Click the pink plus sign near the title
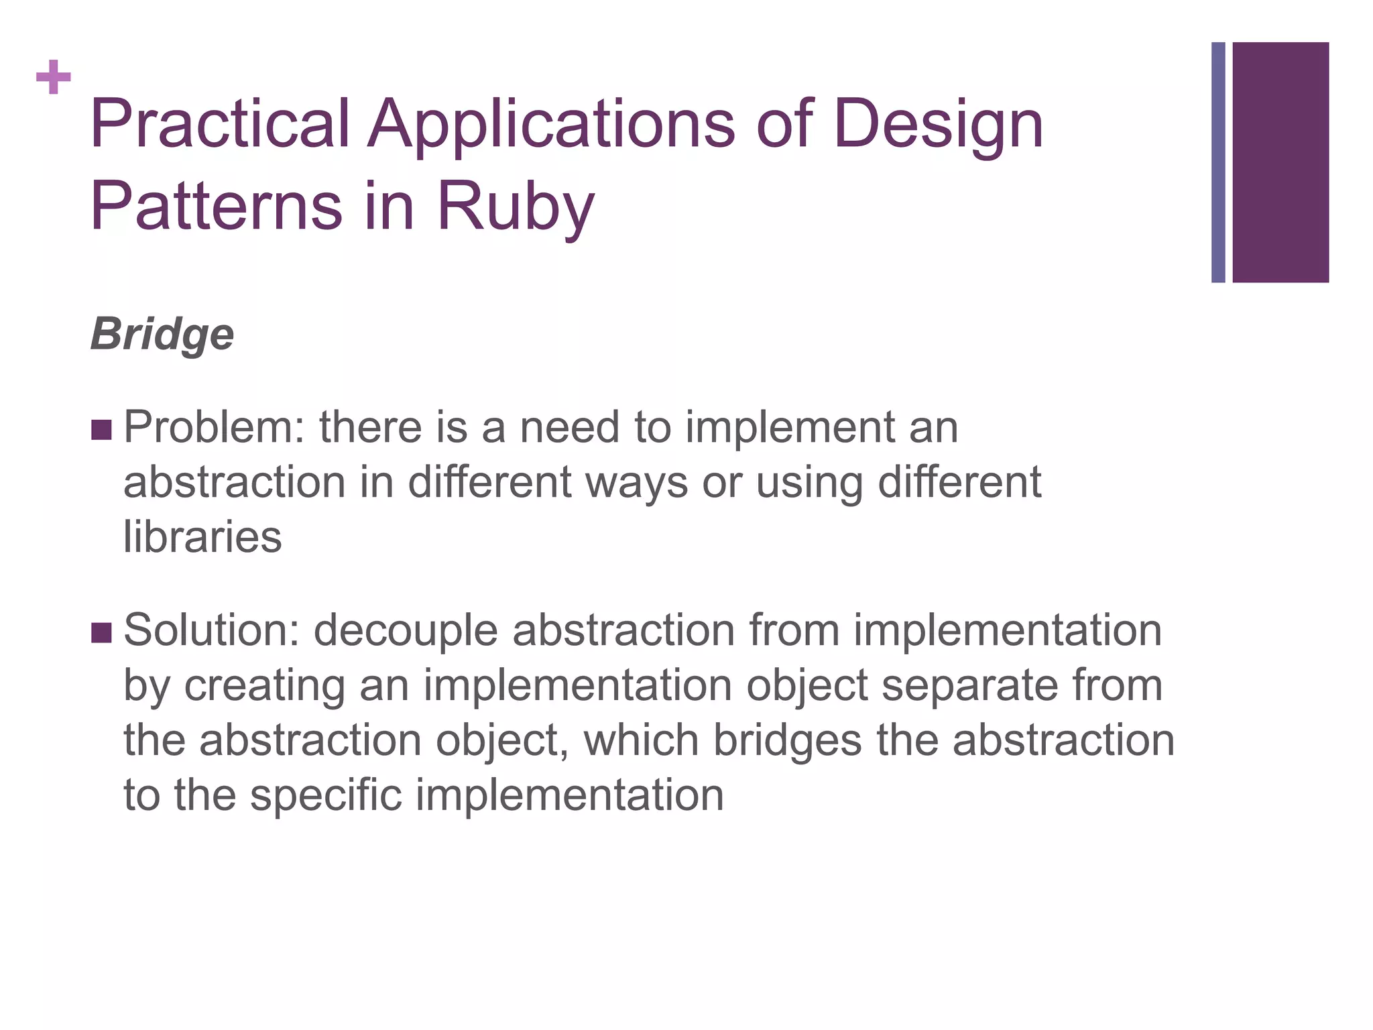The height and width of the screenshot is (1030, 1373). pyautogui.click(x=54, y=77)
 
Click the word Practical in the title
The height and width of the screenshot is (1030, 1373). pyautogui.click(x=220, y=124)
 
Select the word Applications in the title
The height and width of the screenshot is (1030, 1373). pyautogui.click(x=551, y=124)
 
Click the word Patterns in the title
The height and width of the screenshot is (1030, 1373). pyautogui.click(x=216, y=206)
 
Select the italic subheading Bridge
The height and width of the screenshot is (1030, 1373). pyautogui.click(x=162, y=335)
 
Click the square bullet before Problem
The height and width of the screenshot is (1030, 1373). pyautogui.click(x=101, y=430)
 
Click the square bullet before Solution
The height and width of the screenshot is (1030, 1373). pyautogui.click(x=101, y=632)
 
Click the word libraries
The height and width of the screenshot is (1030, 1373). pyautogui.click(x=202, y=537)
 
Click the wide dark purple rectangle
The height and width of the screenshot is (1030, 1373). pyautogui.click(x=1280, y=162)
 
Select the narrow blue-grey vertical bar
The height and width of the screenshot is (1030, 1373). pyautogui.click(x=1218, y=162)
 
